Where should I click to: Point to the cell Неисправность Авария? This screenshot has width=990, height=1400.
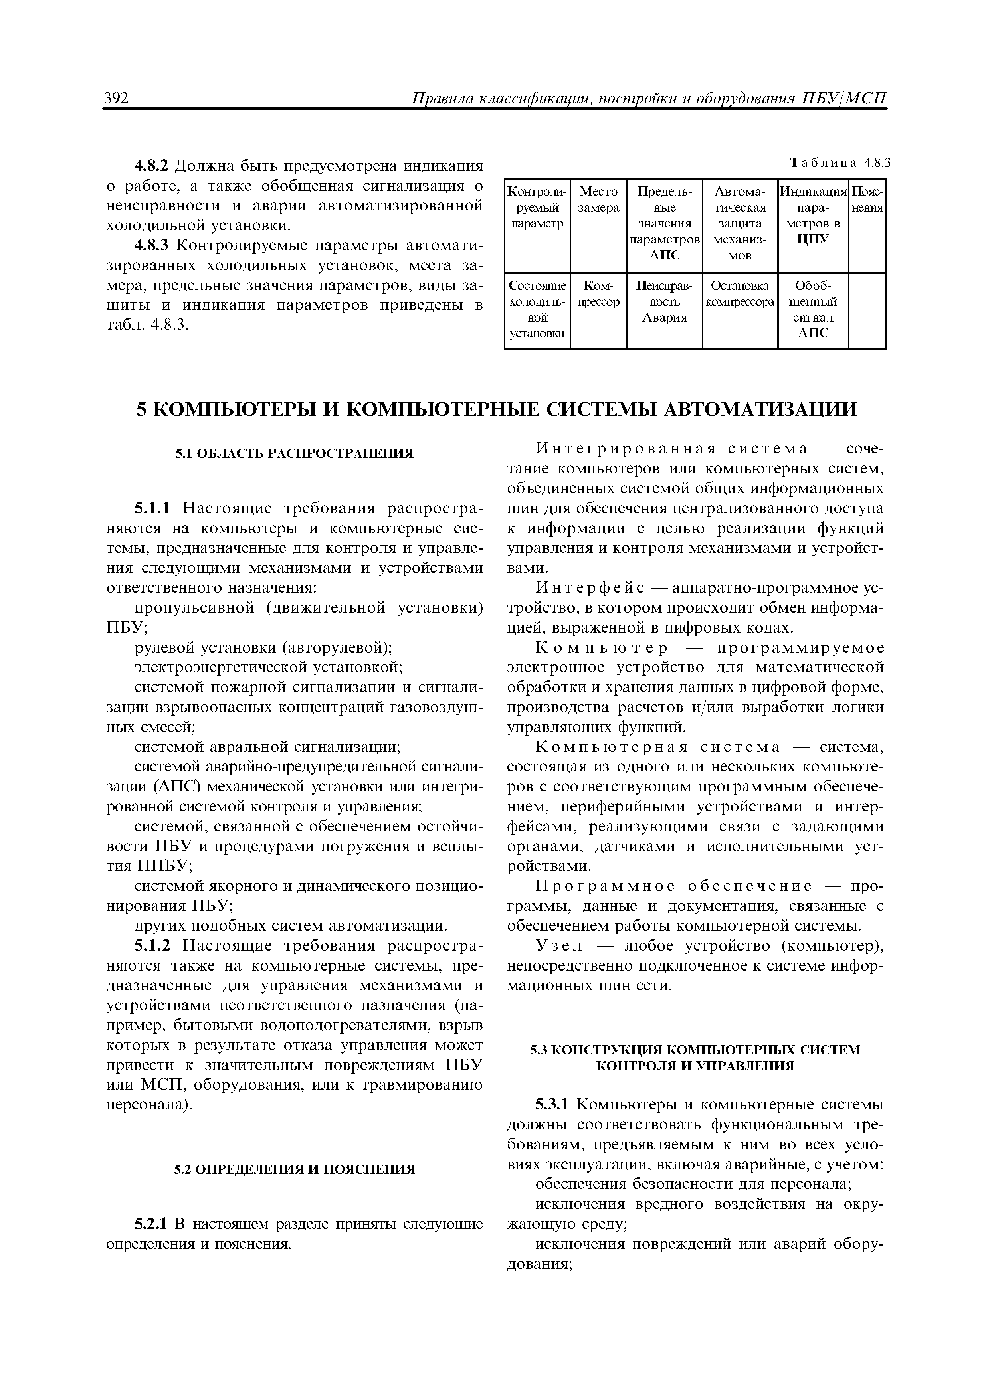664,301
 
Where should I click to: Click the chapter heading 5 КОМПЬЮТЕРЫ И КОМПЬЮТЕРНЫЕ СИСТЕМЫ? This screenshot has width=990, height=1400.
495,409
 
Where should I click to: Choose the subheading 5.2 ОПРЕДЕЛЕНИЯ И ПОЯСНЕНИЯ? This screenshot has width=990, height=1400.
294,1169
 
